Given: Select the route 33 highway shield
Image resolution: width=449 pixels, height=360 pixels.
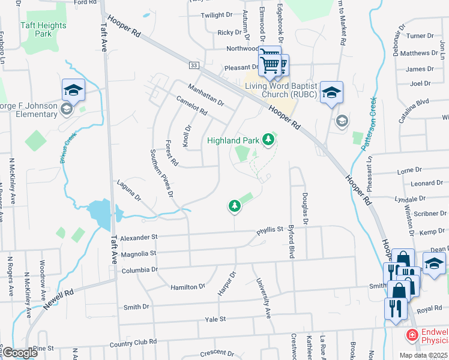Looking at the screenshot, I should (193, 65).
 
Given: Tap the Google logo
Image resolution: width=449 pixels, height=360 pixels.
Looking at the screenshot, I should (19, 353).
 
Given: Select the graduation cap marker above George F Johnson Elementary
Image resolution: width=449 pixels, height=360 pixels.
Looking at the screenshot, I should (73, 90).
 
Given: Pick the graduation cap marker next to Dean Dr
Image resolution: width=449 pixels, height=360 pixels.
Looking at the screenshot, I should (434, 263).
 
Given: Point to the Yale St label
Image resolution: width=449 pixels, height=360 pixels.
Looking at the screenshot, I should (215, 320).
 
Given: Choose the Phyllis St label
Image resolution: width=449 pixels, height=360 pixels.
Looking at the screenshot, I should (269, 229).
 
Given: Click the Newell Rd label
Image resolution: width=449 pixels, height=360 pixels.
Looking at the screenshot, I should (58, 298).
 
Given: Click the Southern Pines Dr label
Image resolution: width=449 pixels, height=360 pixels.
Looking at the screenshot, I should (162, 174).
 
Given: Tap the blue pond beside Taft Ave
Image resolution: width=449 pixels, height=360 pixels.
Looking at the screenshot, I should (99, 214).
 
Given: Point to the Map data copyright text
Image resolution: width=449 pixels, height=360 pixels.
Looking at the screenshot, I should (423, 355).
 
